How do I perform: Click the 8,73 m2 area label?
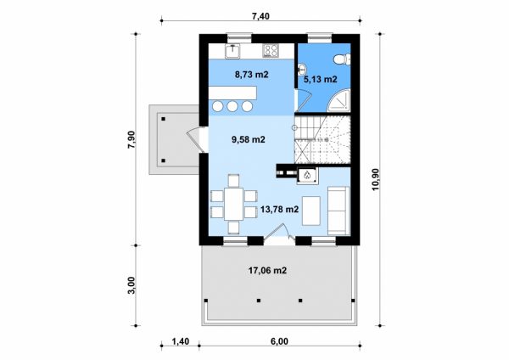252,75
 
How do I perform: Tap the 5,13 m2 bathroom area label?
320,79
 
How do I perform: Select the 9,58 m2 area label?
249,140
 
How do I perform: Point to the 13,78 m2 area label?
279,210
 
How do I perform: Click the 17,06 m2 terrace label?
267,270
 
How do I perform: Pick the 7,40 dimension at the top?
260,16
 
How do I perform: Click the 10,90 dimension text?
376,180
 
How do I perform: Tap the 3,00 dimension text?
131,285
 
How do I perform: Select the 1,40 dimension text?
181,341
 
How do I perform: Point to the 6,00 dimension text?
279,341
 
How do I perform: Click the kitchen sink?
232,51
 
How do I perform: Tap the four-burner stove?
271,51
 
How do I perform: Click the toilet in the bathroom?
343,59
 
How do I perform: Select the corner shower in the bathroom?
340,101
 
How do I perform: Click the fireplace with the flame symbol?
307,176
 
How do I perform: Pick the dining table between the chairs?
233,204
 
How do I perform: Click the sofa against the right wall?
338,211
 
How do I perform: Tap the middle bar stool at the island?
232,106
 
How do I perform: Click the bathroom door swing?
304,100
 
